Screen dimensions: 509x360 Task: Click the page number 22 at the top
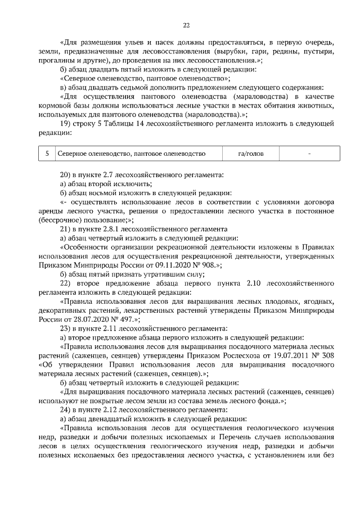[x=186, y=25]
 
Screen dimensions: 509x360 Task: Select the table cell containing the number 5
[x=47, y=154]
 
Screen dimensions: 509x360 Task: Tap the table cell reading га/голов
[x=251, y=154]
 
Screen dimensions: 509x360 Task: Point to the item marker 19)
[x=65, y=124]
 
